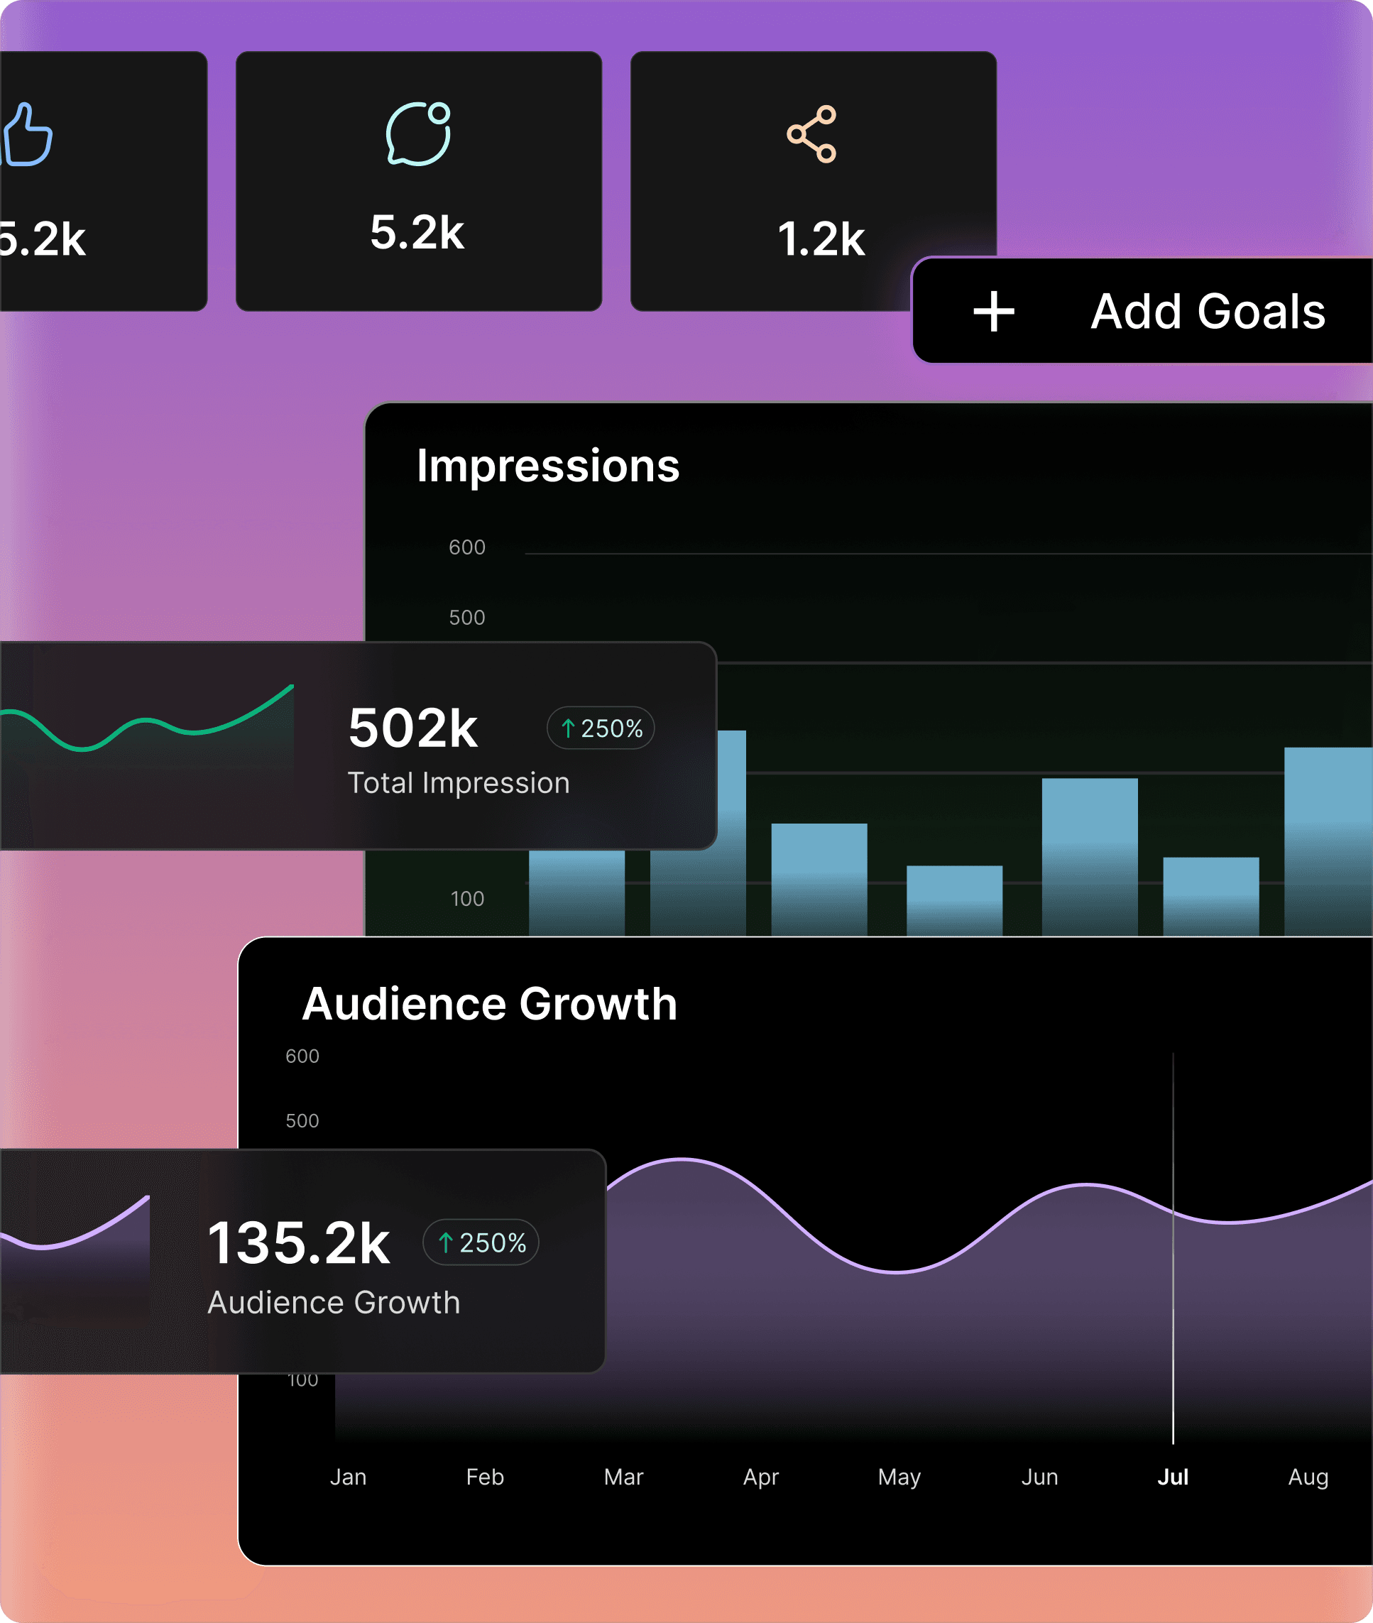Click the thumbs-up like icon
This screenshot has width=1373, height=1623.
tap(27, 135)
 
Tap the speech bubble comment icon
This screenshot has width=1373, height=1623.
tap(418, 134)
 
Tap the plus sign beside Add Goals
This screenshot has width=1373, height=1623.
tap(993, 312)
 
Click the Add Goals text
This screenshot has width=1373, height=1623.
tap(1207, 312)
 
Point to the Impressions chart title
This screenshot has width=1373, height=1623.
tap(548, 466)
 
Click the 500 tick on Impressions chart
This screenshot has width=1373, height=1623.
tap(466, 617)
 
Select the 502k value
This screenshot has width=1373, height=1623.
tap(412, 728)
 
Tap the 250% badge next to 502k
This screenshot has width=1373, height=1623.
tap(600, 728)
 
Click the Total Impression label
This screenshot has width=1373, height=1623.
tap(459, 783)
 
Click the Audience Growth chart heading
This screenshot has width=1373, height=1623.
tap(490, 1003)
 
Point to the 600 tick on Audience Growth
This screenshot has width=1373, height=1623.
tap(302, 1056)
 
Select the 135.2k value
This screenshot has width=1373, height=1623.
tap(298, 1243)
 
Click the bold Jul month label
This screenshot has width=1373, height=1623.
tap(1172, 1477)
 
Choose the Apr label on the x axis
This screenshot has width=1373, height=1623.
tap(760, 1477)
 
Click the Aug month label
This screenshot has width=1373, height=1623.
tap(1308, 1477)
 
